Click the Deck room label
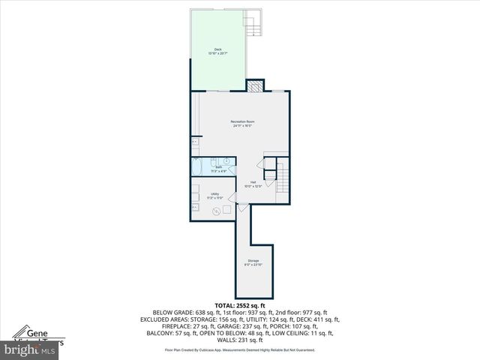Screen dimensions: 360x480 (x=217, y=51)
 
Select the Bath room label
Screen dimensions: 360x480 (x=218, y=169)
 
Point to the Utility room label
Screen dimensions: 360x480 (x=214, y=196)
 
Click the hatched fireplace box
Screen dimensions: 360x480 (x=256, y=85)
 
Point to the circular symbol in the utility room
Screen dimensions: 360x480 (x=217, y=212)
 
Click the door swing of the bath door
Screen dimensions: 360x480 (x=232, y=180)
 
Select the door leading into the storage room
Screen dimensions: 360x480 (x=243, y=207)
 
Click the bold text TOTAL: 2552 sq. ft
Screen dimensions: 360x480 (x=240, y=305)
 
